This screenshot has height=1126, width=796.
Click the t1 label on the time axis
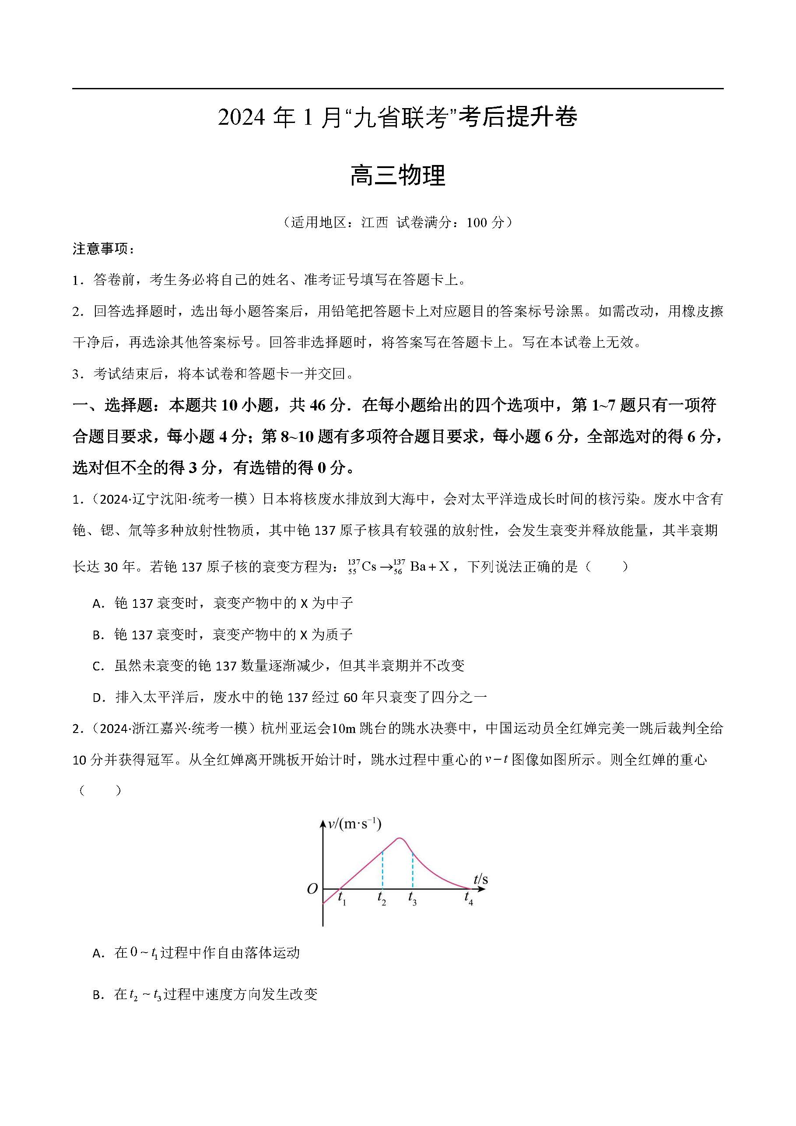[x=342, y=898]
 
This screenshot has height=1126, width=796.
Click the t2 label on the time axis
[x=382, y=898]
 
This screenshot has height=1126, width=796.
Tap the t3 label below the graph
[x=413, y=898]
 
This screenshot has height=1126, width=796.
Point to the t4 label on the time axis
[x=469, y=898]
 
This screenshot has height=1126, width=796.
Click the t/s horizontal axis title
[x=480, y=879]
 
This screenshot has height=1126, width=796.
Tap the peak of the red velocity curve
[x=399, y=838]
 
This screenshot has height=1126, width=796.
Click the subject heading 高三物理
[x=398, y=175]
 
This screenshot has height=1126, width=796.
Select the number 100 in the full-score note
[x=476, y=223]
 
